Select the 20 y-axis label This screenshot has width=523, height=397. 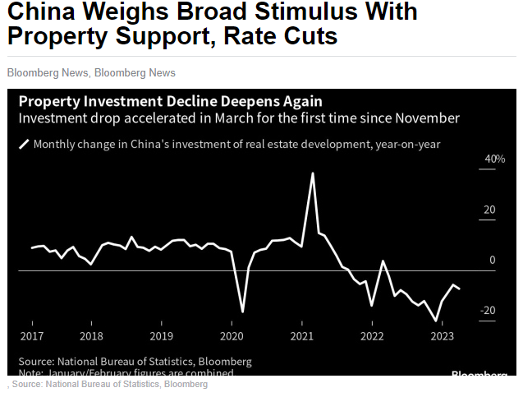(490, 210)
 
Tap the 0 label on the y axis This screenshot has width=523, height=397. (493, 261)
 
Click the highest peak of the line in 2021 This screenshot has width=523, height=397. (313, 173)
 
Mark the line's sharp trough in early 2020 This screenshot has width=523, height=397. (242, 312)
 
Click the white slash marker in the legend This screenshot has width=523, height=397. (24, 145)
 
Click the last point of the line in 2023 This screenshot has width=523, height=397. (459, 289)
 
